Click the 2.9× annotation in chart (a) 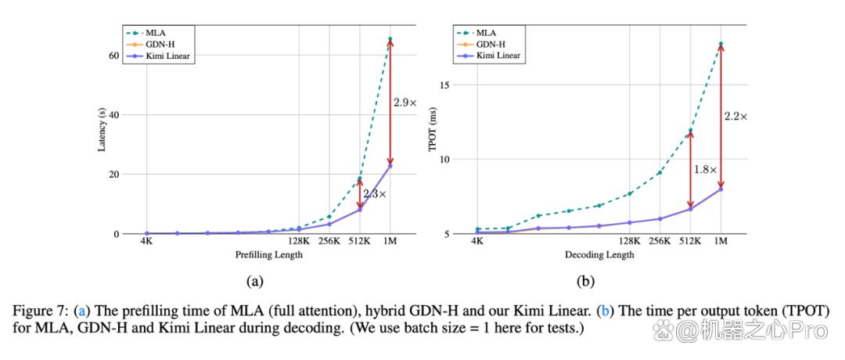click(405, 103)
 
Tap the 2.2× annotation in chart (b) click(735, 116)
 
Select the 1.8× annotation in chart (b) click(704, 169)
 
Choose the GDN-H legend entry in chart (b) click(490, 44)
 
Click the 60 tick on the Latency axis click(113, 56)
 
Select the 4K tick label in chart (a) click(146, 242)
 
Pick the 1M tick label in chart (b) click(721, 242)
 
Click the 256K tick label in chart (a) click(329, 242)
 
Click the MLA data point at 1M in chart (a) click(390, 39)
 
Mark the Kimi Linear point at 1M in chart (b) click(721, 189)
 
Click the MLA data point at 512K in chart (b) click(690, 131)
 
